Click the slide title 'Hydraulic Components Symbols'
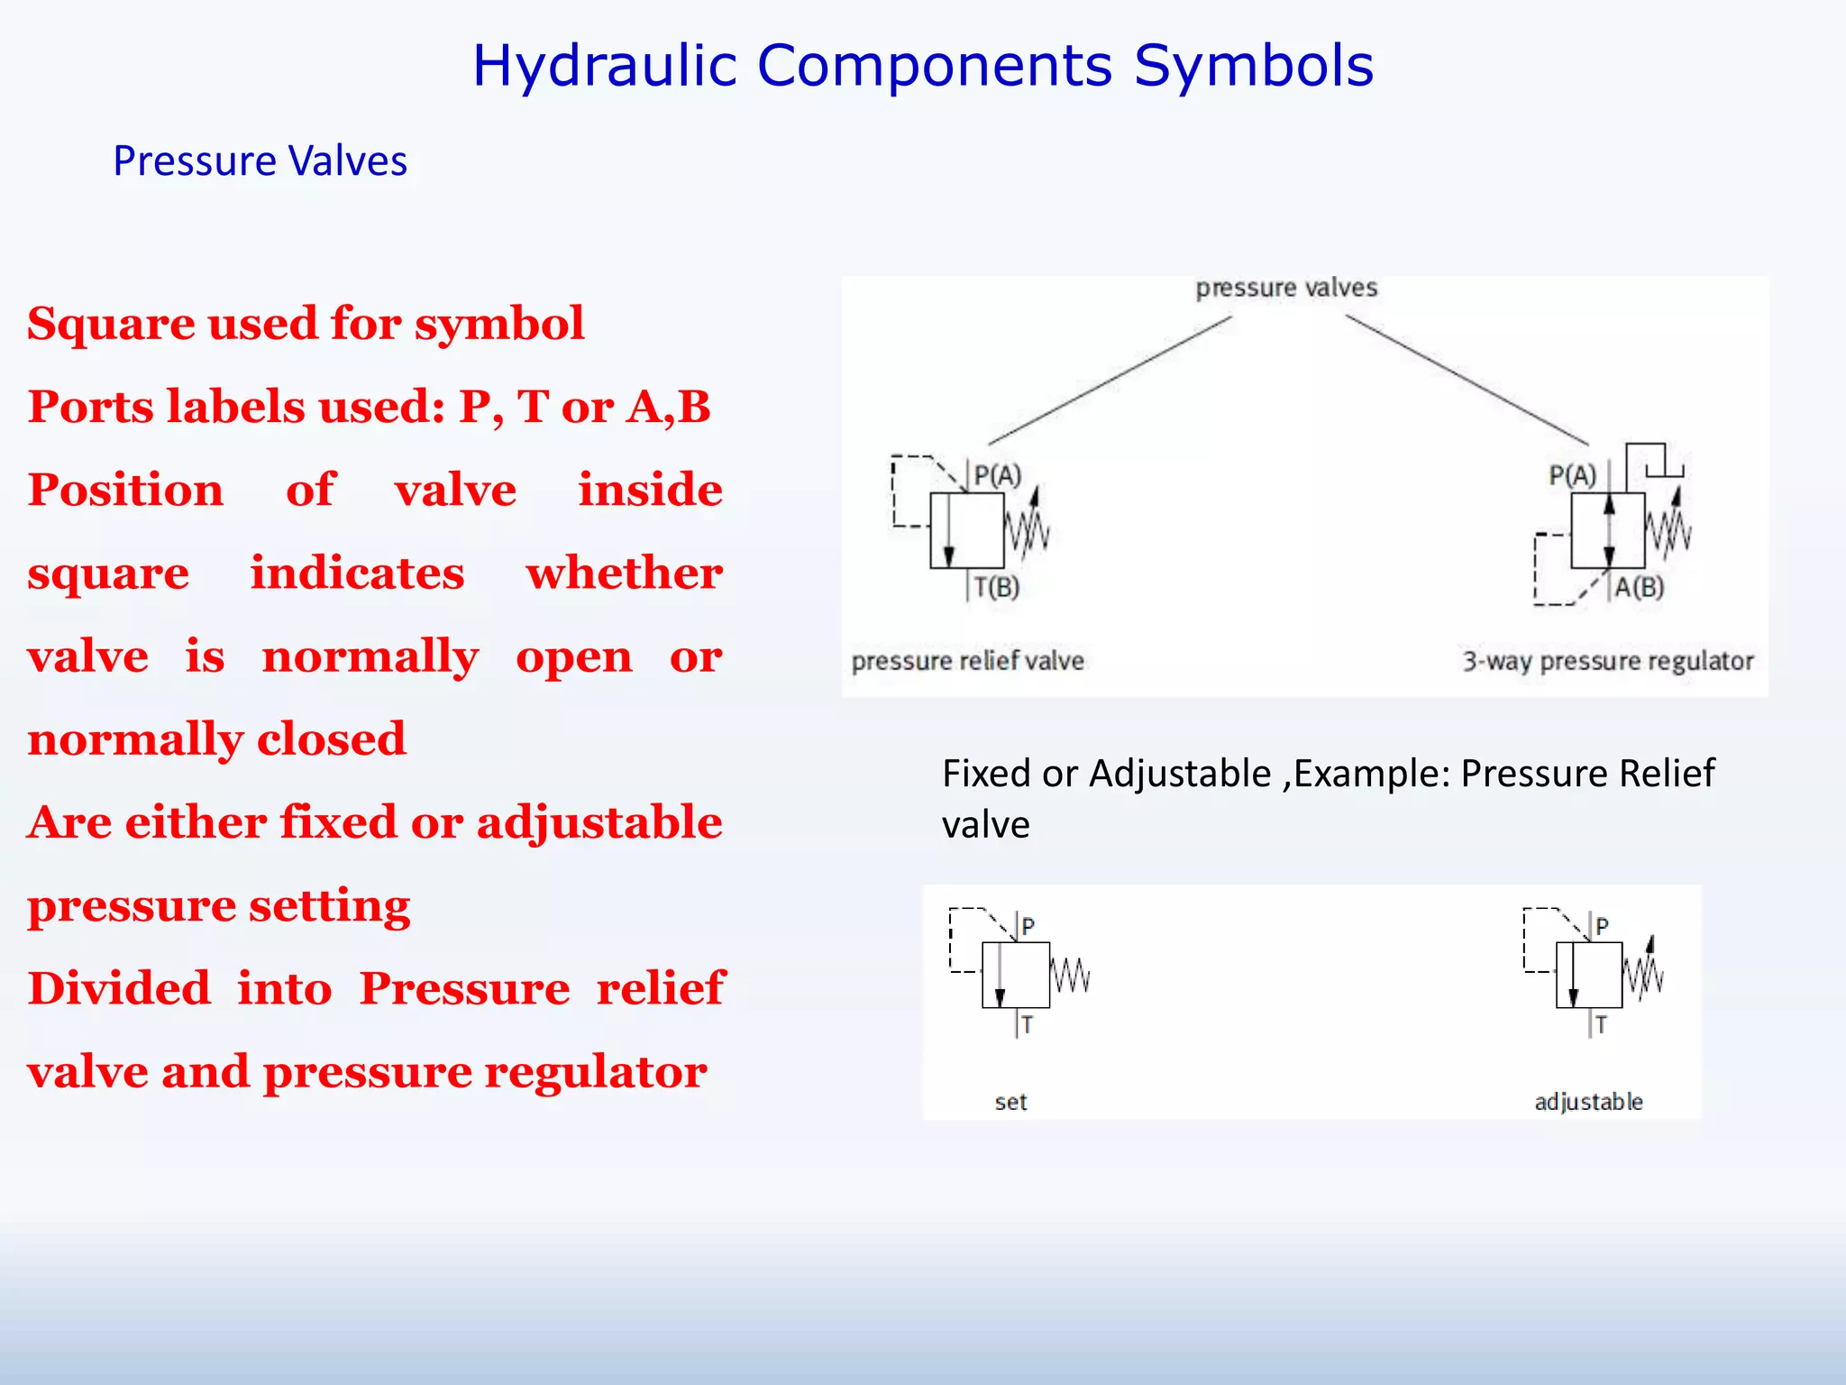(x=922, y=66)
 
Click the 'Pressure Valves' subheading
(x=260, y=161)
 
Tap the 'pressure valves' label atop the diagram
(x=1286, y=288)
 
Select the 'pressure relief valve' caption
(x=967, y=661)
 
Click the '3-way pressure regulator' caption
(x=1607, y=661)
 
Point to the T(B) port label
(x=997, y=588)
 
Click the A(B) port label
(x=1639, y=588)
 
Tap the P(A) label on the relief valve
(x=998, y=475)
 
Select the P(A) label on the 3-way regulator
(x=1572, y=475)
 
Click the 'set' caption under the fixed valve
(x=1010, y=1102)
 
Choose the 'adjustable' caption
(x=1588, y=1102)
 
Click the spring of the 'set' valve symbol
(x=1071, y=976)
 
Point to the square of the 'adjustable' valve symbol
(x=1589, y=975)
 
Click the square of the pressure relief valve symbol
(x=967, y=530)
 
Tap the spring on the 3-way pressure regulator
(x=1668, y=530)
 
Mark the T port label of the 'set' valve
(x=1028, y=1025)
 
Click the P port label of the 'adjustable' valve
(x=1602, y=926)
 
